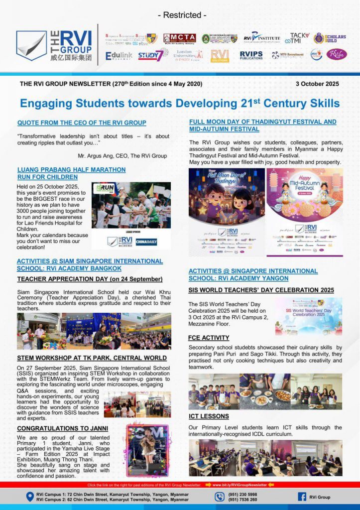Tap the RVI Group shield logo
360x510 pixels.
pos(31,46)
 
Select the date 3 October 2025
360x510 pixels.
pos(317,84)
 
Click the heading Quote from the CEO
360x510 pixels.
pos(82,123)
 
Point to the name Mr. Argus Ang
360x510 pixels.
pos(122,156)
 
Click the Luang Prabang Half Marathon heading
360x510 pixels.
pos(71,173)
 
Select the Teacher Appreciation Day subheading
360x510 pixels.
pos(90,279)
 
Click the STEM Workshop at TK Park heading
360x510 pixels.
pos(92,358)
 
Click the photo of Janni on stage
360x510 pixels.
pos(147,450)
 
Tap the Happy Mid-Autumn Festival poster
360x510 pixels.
pos(305,212)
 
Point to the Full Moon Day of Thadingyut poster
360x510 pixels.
pos(227,212)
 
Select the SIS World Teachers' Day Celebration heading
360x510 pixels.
pos(261,290)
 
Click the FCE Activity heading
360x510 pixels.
pos(209,338)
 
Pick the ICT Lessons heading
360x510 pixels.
pos(209,416)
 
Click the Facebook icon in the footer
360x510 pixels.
pos(302,497)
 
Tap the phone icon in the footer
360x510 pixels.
pos(220,497)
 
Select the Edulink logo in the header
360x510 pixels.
pos(119,56)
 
